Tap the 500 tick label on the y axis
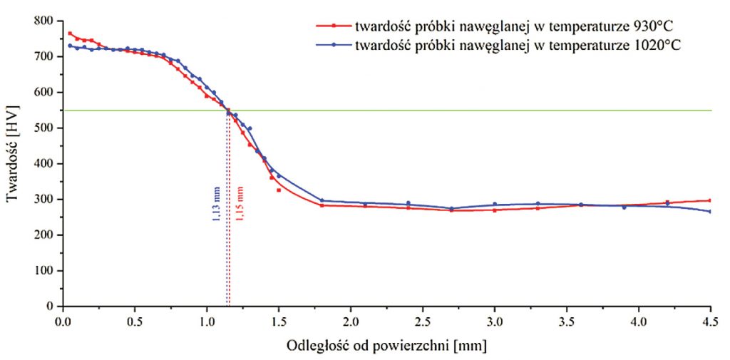[43, 128]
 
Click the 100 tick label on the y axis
[43, 271]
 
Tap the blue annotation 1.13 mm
[217, 205]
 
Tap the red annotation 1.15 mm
[240, 204]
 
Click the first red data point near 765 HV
[70, 34]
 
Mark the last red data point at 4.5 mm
[710, 200]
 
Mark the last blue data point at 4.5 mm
[710, 211]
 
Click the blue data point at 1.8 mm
[322, 200]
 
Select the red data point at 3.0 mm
[495, 210]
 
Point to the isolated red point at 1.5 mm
[279, 190]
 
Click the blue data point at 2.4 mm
[408, 203]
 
